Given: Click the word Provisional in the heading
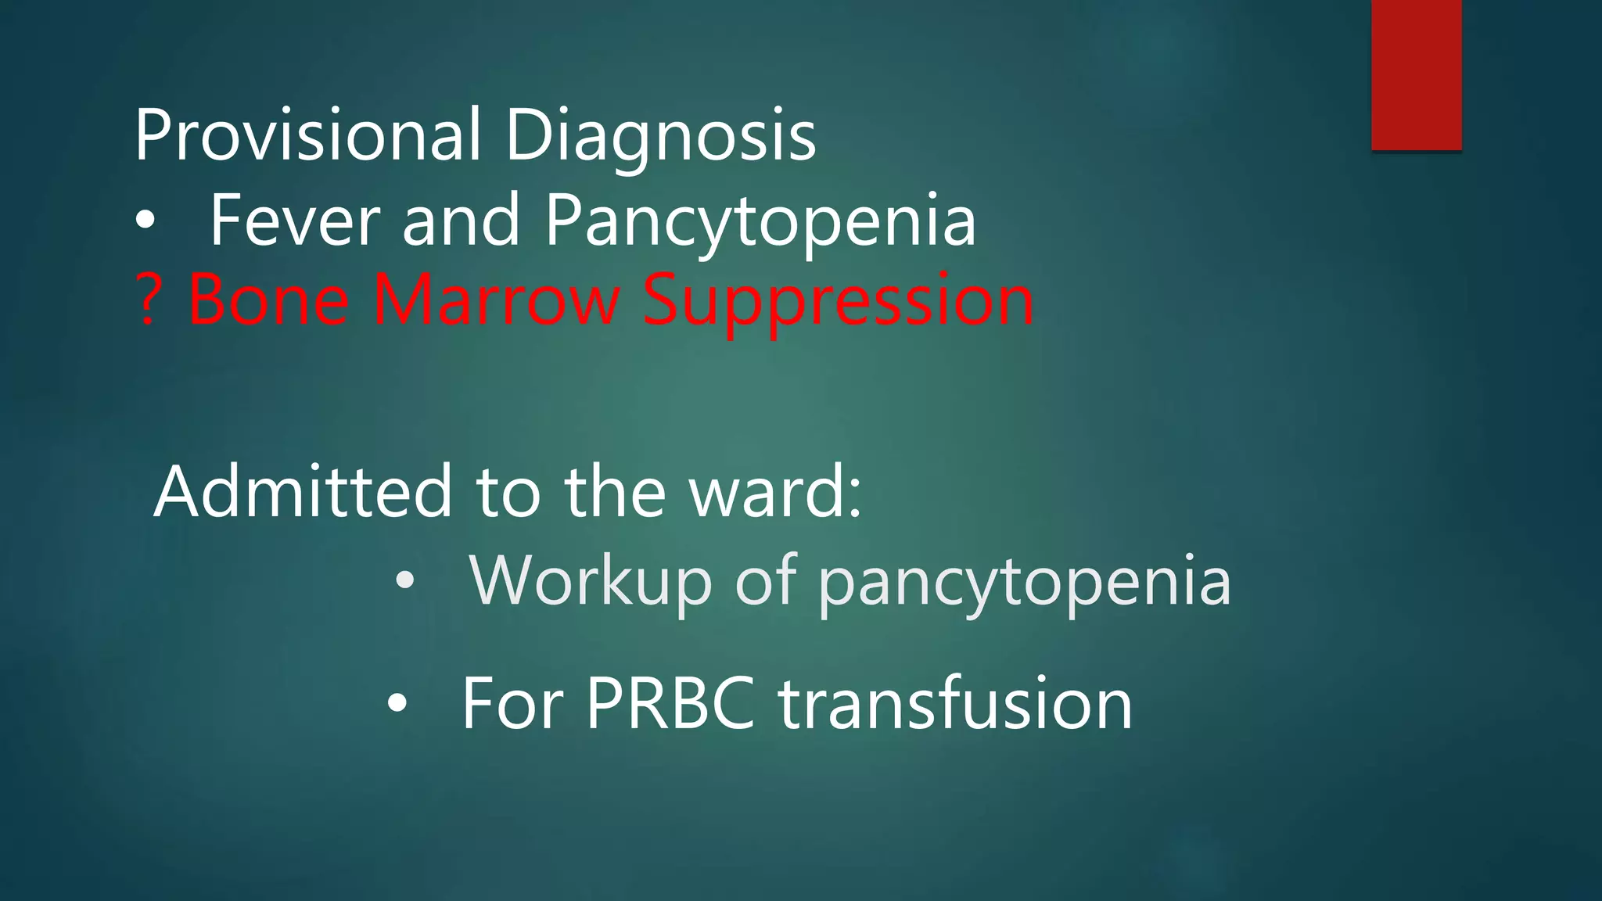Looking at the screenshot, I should point(307,135).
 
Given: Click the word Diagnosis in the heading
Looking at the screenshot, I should point(660,135).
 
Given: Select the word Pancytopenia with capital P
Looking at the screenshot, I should point(760,222).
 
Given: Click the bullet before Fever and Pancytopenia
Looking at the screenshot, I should point(145,222).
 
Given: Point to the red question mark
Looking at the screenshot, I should point(148,300).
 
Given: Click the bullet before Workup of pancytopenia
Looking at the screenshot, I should point(404,581).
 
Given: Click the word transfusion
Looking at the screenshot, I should point(955,703).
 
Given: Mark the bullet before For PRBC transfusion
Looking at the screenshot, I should point(397,704).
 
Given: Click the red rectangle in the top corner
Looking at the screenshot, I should point(1416,74).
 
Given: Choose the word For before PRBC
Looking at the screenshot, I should point(512,703).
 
